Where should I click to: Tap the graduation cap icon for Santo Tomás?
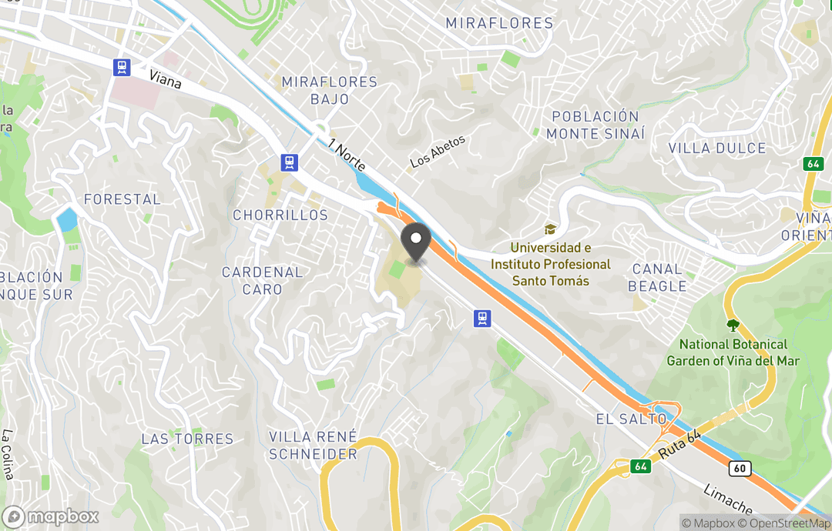click(x=550, y=229)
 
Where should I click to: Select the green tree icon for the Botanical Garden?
click(x=732, y=326)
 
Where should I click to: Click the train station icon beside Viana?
click(x=121, y=68)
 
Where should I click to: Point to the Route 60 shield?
click(x=741, y=467)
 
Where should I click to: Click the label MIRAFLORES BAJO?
click(x=329, y=90)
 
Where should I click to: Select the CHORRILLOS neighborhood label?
click(x=280, y=215)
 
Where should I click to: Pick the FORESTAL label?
click(x=122, y=199)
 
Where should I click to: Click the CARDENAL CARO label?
click(x=262, y=280)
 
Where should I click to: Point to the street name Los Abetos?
click(x=438, y=152)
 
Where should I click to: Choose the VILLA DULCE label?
click(x=716, y=148)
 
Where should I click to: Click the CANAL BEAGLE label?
click(x=657, y=277)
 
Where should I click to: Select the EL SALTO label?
click(x=631, y=419)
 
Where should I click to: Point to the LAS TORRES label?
click(x=187, y=439)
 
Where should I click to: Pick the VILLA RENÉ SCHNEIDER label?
click(x=313, y=445)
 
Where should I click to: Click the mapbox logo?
click(x=51, y=516)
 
